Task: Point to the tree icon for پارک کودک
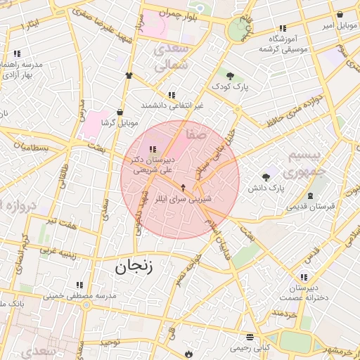230,75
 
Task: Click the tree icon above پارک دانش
266,177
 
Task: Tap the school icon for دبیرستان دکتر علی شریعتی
153,148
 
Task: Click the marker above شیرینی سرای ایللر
184,188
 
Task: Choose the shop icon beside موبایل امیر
340,15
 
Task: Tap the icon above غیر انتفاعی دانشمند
171,95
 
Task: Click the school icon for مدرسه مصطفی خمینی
79,285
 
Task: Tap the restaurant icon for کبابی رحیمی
248,337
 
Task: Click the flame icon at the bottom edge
188,353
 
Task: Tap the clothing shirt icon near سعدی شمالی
129,75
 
